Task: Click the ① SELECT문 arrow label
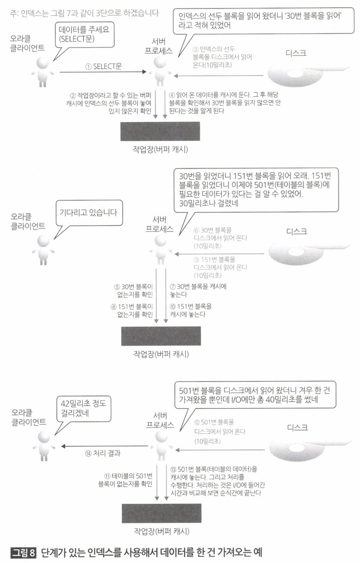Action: point(104,67)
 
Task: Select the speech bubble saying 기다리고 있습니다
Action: point(88,213)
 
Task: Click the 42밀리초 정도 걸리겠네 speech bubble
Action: point(83,408)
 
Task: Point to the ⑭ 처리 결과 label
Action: point(103,454)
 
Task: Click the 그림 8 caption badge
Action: point(24,552)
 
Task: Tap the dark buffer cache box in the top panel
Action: point(160,131)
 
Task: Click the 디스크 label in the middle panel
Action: point(297,231)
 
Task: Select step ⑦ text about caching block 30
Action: point(198,290)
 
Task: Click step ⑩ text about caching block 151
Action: point(191,310)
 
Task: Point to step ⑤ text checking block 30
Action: point(134,290)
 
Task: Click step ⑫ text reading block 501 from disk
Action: point(220,431)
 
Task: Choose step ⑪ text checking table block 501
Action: point(126,480)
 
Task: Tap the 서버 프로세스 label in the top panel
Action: point(159,46)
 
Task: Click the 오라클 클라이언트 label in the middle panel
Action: point(28,221)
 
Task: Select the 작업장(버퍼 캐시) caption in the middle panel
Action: point(161,354)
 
